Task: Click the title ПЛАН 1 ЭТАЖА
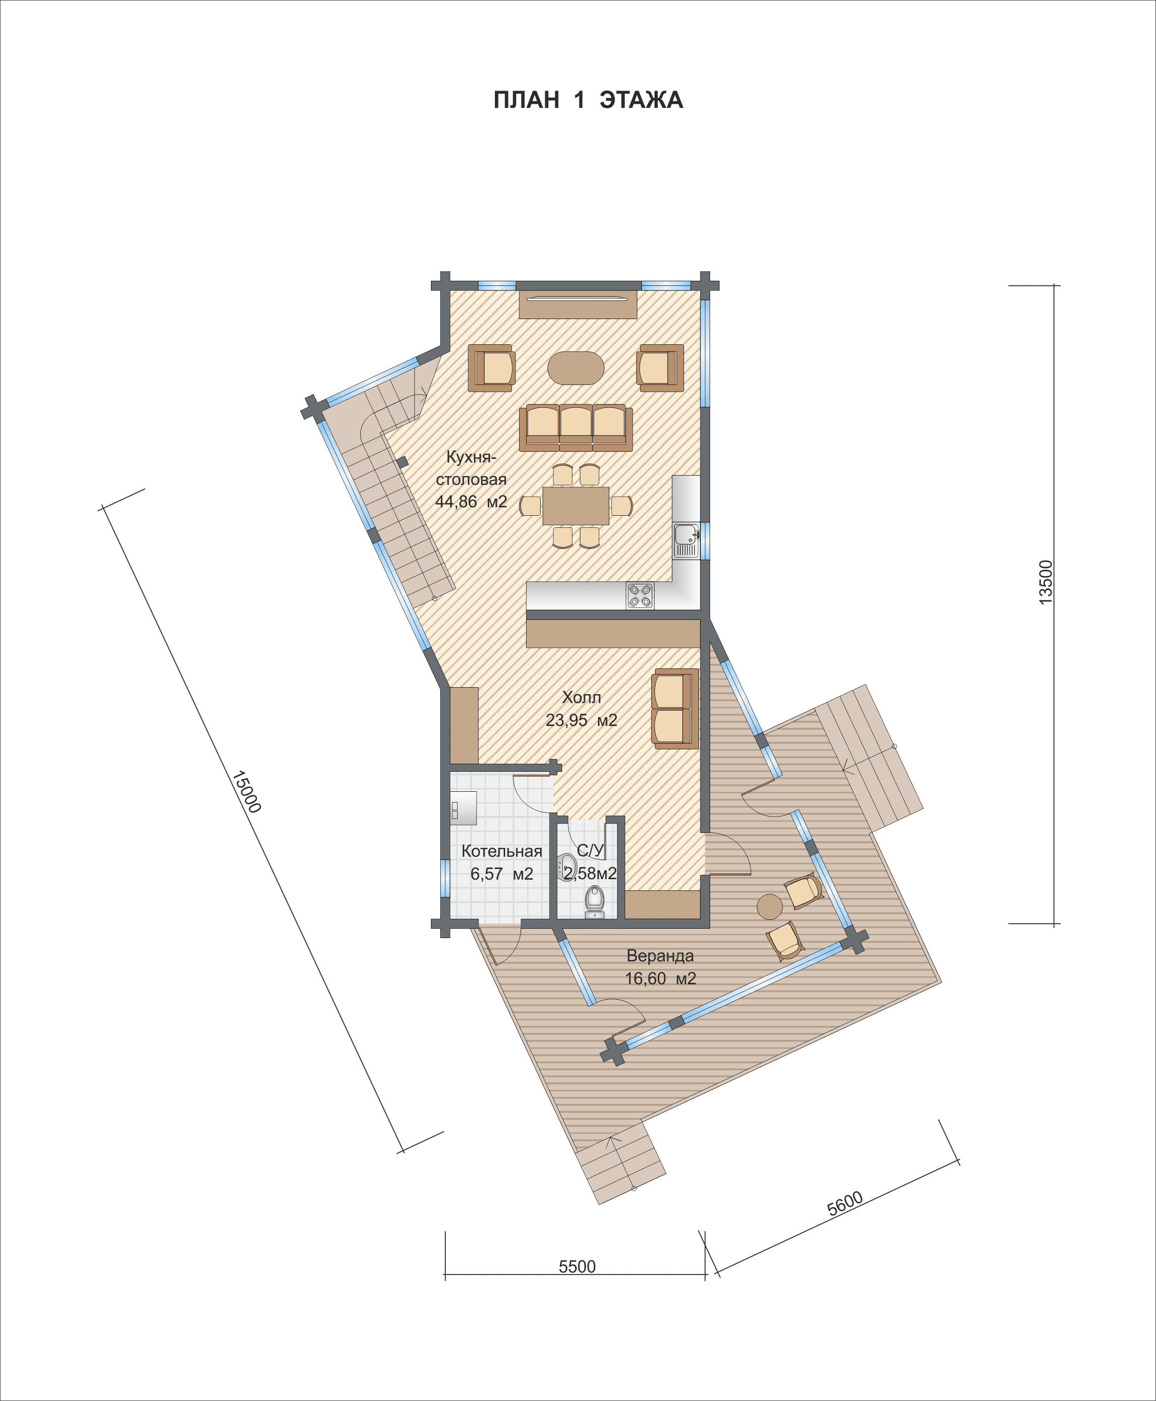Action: tap(588, 100)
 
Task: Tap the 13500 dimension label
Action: tap(1046, 582)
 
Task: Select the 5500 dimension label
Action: tap(577, 1266)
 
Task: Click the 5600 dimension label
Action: tap(845, 1204)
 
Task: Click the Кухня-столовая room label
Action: tap(471, 479)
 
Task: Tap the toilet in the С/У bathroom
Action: tap(595, 901)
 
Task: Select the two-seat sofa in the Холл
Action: tap(675, 708)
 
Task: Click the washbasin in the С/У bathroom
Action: tap(566, 867)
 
